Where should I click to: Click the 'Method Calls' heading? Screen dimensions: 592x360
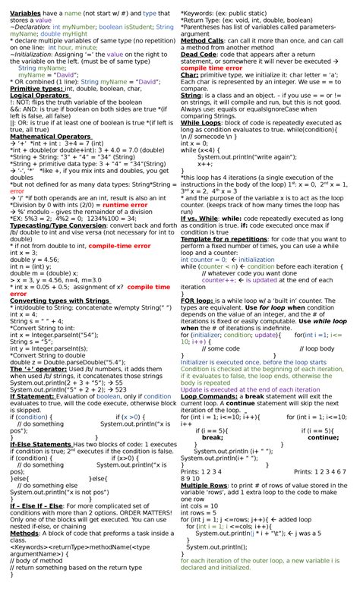[x=202, y=41]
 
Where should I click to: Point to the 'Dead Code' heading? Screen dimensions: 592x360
[x=198, y=55]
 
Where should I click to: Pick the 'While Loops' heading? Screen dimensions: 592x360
[x=201, y=123]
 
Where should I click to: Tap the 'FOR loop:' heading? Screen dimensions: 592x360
[x=197, y=301]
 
